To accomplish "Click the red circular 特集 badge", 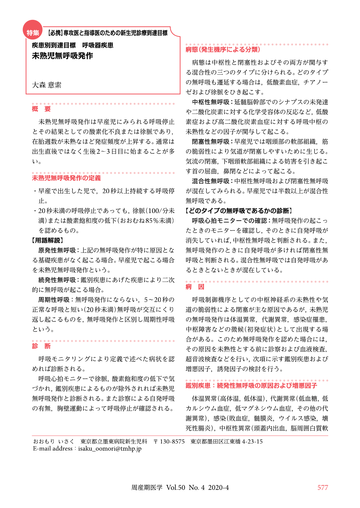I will coord(32,33).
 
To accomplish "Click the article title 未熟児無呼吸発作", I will coord(62,56).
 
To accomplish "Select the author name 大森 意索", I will coord(47,85).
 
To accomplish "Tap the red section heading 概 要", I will coord(41,109).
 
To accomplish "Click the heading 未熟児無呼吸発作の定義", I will coord(66,178).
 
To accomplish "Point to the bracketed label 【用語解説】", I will coord(47,240).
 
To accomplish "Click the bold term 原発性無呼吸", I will coord(57,250).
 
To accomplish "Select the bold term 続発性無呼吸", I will coord(57,280).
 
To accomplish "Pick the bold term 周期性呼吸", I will coord(54,300).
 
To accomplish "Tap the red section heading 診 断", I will coord(41,346).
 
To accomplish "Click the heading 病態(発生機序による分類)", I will coord(223,50).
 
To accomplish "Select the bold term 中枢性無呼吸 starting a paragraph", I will coord(211,102).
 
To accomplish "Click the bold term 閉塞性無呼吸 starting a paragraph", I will coord(211,142).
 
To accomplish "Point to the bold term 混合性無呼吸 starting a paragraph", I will coord(211,181).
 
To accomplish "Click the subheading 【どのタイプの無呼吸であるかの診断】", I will coord(239,211).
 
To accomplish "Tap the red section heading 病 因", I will coord(195,287).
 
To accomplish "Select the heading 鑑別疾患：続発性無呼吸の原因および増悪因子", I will coord(251,386).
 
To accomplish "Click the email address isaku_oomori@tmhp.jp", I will coord(110,449).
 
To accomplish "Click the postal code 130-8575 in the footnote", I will coord(172,441).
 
